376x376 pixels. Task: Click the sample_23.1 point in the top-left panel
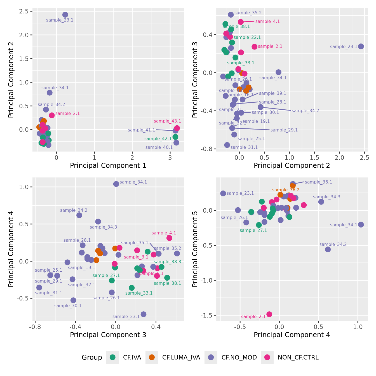[65, 15]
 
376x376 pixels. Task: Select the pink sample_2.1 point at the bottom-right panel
[269, 314]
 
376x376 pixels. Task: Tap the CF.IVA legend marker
[112, 357]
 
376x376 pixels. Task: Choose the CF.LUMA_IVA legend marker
[152, 357]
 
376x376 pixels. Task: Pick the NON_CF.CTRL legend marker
[267, 357]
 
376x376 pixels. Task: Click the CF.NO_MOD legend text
[239, 357]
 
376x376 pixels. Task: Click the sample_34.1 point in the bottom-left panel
[116, 184]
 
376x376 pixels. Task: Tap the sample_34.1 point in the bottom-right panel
[361, 224]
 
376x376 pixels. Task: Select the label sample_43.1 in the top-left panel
[167, 121]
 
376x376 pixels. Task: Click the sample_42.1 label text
[158, 139]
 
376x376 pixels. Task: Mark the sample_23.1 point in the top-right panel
[361, 46]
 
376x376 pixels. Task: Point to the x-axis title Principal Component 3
[108, 335]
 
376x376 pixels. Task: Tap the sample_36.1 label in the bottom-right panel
[318, 182]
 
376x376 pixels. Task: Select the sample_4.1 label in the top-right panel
[267, 22]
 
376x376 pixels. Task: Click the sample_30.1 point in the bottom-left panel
[73, 300]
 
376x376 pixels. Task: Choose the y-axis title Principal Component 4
[11, 249]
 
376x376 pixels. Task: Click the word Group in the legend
[92, 357]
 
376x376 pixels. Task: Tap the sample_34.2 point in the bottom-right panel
[328, 249]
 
